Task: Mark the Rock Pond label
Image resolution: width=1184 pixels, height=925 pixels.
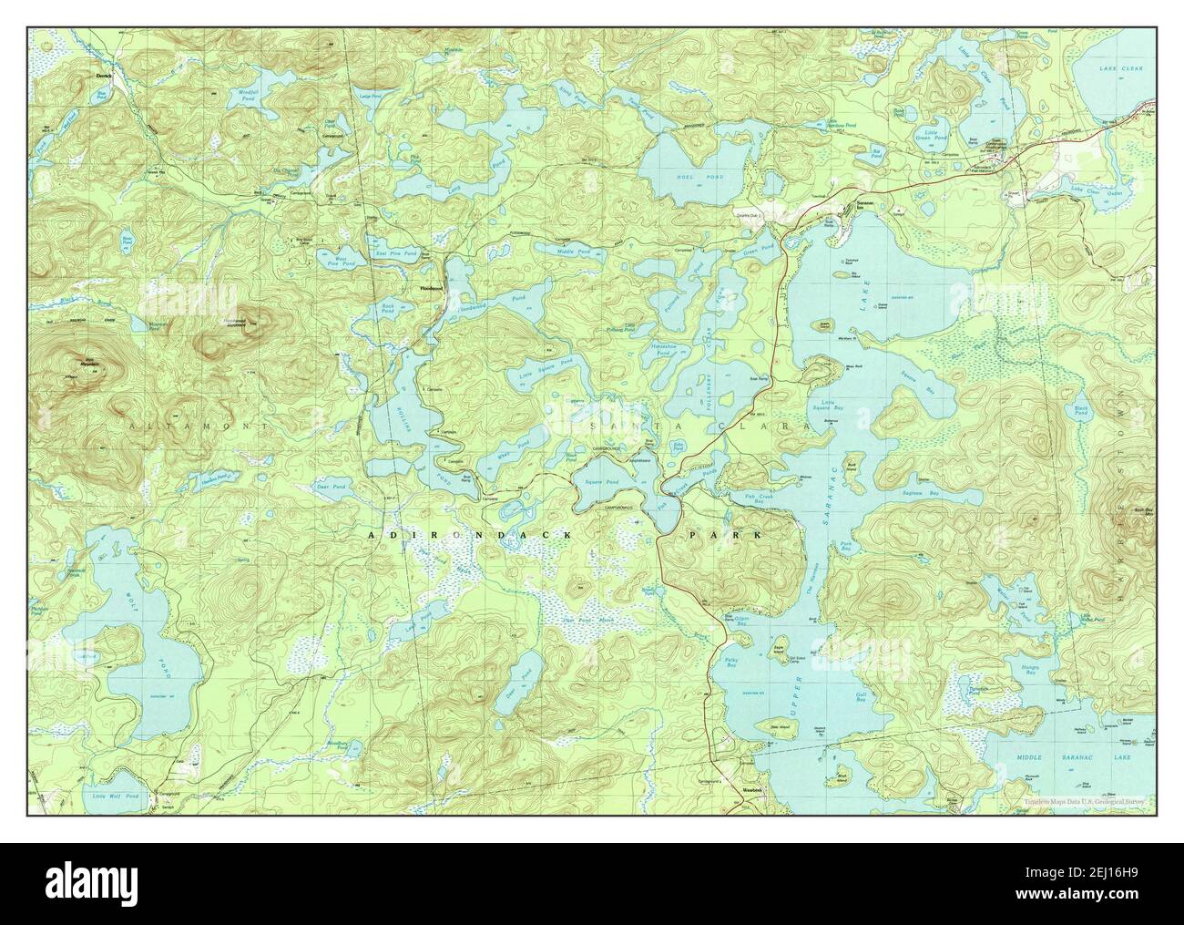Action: click(388, 308)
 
